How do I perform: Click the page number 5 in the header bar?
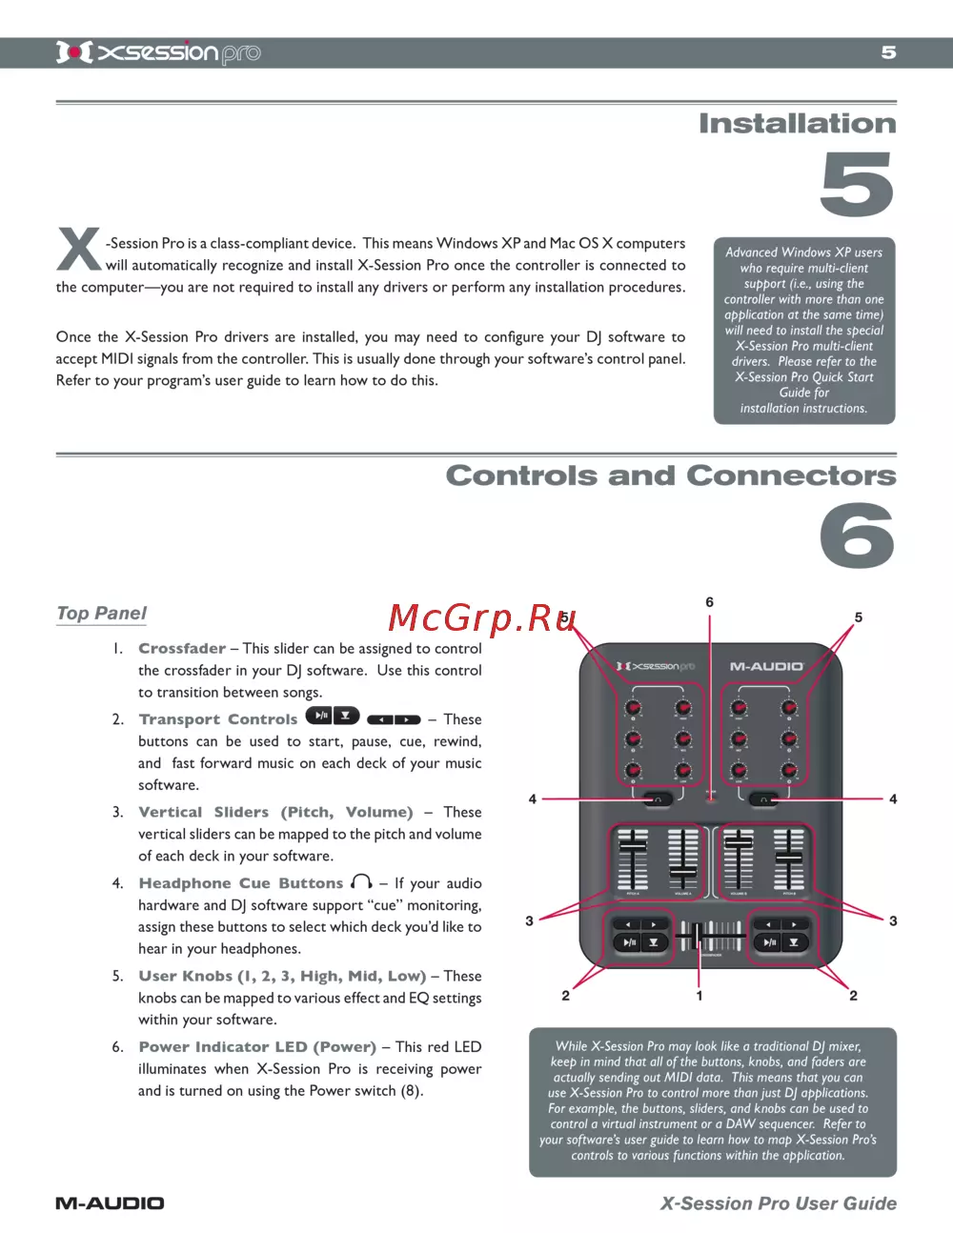point(888,52)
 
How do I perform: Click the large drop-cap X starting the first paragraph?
point(79,250)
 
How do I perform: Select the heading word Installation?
point(797,124)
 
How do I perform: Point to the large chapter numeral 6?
point(857,536)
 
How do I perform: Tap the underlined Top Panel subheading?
point(102,614)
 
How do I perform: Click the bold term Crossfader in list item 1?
point(182,649)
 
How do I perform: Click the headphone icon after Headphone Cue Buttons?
point(362,882)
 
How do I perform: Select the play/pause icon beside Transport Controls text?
point(319,717)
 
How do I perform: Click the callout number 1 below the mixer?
point(700,996)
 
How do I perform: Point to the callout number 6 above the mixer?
point(709,602)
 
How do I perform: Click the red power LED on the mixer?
point(710,798)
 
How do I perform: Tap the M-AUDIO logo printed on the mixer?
point(767,667)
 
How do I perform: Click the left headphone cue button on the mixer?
point(658,799)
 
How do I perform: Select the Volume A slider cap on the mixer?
point(682,870)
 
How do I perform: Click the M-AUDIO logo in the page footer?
point(110,1203)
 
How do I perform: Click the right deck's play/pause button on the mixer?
point(768,943)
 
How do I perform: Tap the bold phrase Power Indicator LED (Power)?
point(257,1047)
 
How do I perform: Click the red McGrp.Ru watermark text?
point(482,618)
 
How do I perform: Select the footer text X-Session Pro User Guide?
point(778,1203)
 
